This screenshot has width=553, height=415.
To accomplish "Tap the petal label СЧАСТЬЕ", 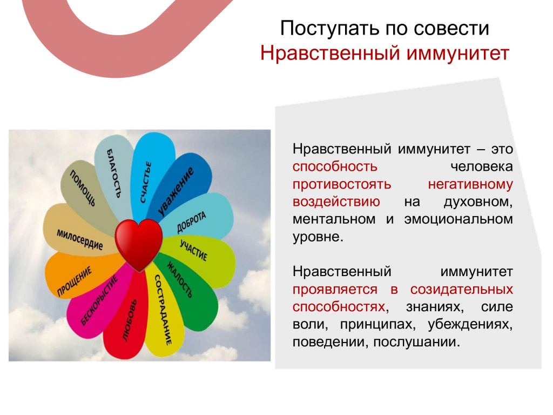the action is tap(146, 182).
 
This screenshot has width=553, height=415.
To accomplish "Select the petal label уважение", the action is tap(176, 191).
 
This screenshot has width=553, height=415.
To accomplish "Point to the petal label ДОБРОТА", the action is tap(191, 222).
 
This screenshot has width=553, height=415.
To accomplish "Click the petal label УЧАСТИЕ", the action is tap(194, 250).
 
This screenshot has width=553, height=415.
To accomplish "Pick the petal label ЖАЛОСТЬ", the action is tap(180, 279).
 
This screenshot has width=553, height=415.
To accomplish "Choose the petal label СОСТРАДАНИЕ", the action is tap(163, 310).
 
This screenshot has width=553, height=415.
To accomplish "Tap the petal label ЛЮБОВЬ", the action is tap(130, 320).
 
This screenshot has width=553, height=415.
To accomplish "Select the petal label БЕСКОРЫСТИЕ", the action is tap(99, 300).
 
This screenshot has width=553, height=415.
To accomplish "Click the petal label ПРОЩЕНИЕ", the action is tap(75, 281).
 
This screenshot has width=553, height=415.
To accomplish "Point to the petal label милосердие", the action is tap(80, 239).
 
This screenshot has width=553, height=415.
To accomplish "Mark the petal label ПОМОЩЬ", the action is tap(83, 188).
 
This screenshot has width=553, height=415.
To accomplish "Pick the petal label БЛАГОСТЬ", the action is tap(114, 173).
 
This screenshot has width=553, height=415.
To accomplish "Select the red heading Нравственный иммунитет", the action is tap(385, 53).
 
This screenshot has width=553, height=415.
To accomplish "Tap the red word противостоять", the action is tap(342, 185).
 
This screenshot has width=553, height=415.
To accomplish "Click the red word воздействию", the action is tap(336, 202).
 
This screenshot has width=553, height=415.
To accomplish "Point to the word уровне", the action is tap(318, 237).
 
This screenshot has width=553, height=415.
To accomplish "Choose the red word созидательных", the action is tap(461, 290).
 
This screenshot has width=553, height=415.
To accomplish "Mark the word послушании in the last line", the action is tap(416, 342).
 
